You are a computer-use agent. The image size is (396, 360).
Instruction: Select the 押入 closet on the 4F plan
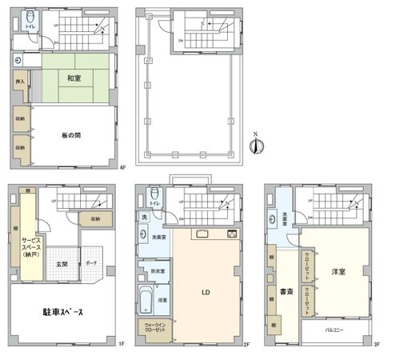click(x=20, y=82)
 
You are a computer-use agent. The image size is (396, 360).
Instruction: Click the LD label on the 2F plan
click(x=205, y=292)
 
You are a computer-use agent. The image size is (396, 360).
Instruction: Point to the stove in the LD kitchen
click(x=232, y=234)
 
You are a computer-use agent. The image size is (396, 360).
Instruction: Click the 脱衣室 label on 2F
click(x=158, y=272)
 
